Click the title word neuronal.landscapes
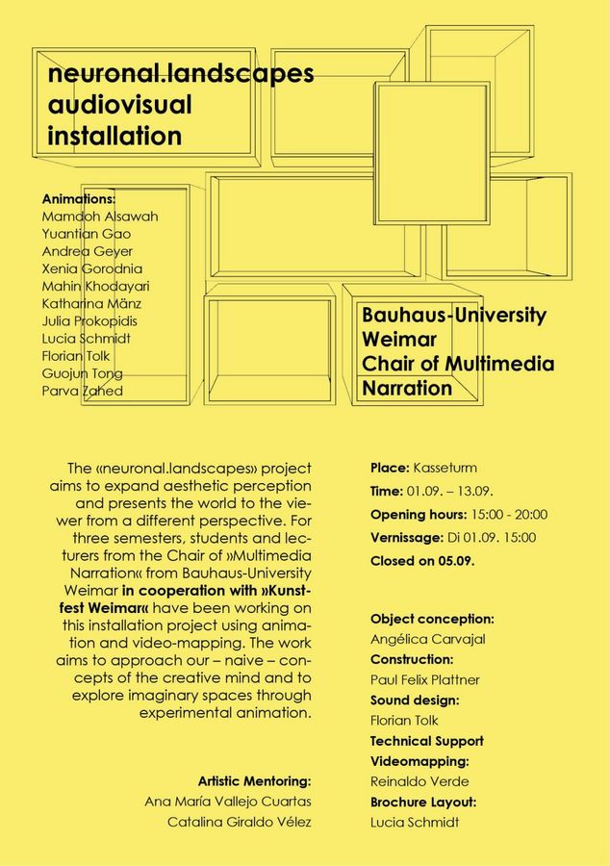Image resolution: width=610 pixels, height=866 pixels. (x=181, y=74)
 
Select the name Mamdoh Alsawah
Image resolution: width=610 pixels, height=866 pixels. (x=100, y=216)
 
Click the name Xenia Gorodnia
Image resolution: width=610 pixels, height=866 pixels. (x=92, y=268)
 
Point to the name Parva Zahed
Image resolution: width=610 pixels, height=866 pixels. (x=83, y=391)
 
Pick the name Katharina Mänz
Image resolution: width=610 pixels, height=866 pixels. (x=92, y=303)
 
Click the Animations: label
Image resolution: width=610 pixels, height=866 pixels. (x=79, y=198)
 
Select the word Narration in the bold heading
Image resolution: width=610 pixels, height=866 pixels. (x=407, y=389)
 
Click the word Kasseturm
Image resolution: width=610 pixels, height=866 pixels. (x=445, y=469)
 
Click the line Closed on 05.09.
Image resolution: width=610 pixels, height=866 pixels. (x=422, y=560)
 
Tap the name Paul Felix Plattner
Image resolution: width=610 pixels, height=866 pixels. (x=425, y=679)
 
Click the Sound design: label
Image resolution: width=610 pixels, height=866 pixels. (x=415, y=700)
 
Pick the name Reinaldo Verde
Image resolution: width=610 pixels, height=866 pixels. (x=419, y=781)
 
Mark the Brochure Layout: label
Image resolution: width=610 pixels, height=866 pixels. (x=423, y=802)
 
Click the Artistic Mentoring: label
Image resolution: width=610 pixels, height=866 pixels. (x=254, y=780)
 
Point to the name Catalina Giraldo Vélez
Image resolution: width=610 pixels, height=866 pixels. (x=240, y=822)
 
